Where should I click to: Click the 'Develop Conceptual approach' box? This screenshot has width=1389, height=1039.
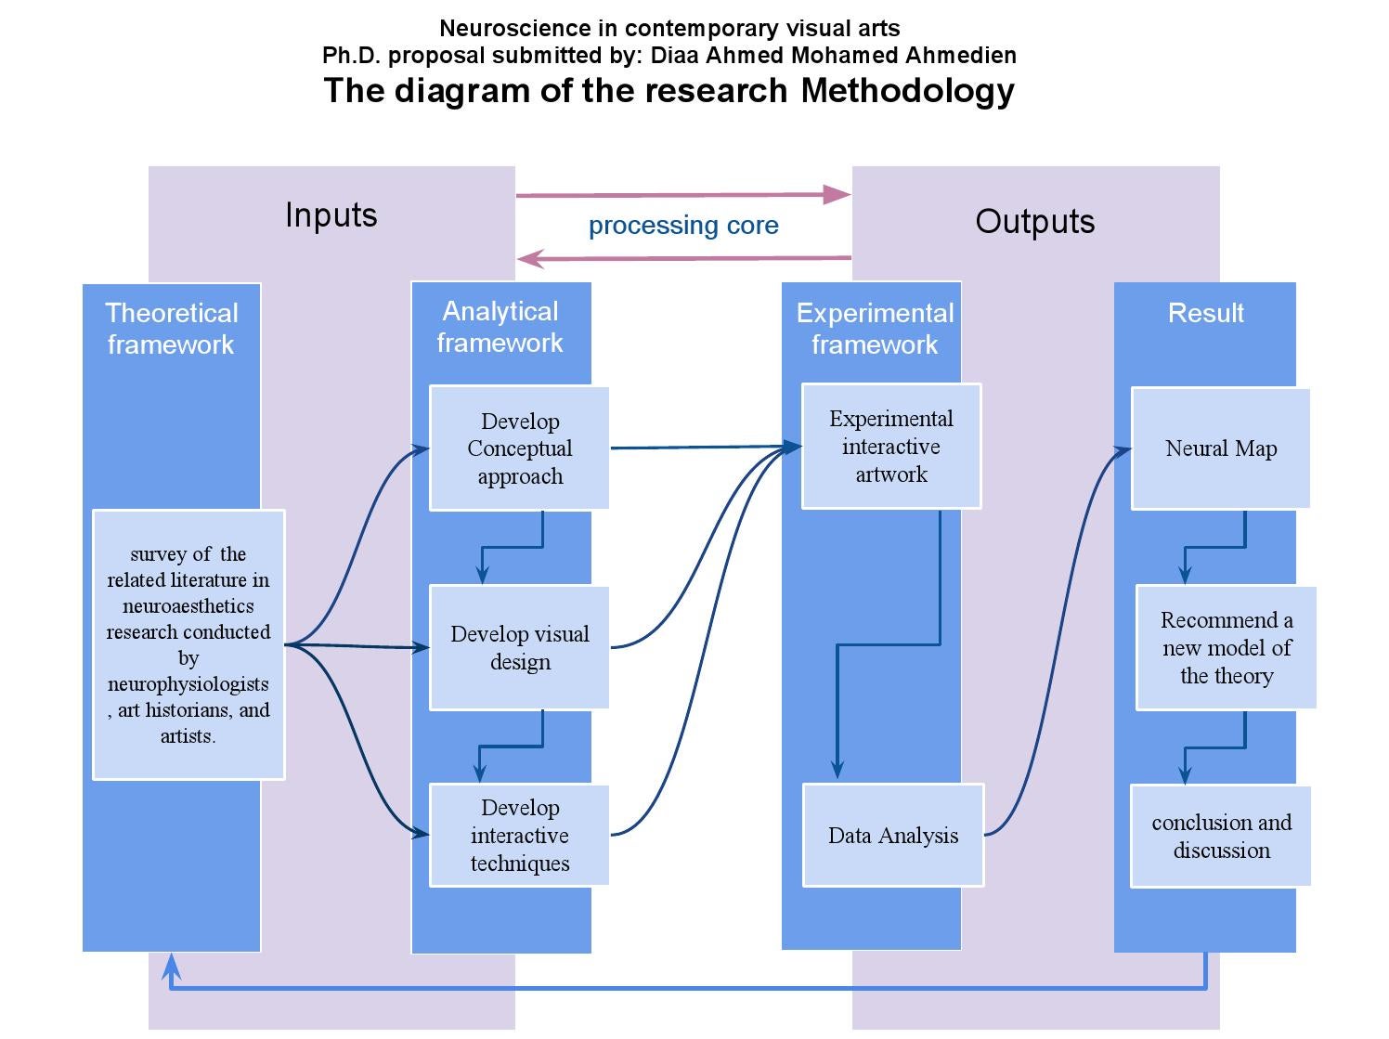tap(519, 448)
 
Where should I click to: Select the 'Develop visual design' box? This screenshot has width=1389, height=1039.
tap(519, 648)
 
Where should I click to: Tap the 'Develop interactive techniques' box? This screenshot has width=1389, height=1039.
tap(519, 835)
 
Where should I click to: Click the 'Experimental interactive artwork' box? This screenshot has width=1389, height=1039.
tap(891, 447)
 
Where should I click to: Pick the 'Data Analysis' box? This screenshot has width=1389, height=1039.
tap(892, 835)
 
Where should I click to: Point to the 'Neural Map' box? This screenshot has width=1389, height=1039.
tap(1221, 448)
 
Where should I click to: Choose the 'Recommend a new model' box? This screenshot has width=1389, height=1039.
tap(1227, 648)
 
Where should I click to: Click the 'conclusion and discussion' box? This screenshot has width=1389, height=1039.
tap(1221, 836)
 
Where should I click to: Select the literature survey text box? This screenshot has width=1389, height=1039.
tap(188, 644)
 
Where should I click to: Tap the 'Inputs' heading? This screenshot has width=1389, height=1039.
tap(331, 215)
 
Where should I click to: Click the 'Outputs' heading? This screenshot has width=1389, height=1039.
tap(1035, 222)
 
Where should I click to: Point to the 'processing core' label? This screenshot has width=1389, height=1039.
tap(683, 226)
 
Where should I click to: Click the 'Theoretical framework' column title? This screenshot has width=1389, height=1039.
tap(172, 329)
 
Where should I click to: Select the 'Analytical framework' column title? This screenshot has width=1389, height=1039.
tap(500, 327)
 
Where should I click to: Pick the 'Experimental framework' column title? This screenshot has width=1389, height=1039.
tap(875, 329)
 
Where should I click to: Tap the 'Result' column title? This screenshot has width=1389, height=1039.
tap(1205, 314)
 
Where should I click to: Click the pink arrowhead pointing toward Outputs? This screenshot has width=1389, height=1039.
tap(837, 194)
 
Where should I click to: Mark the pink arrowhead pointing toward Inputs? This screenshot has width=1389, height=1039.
tap(530, 259)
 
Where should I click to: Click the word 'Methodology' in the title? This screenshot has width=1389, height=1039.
tap(907, 91)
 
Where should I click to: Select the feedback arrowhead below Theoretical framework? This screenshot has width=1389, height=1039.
tap(172, 968)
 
